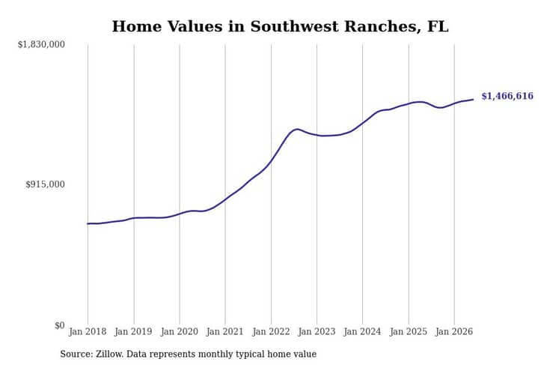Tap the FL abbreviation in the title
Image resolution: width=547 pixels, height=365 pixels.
click(438, 26)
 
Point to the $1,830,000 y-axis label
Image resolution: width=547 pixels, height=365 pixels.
click(41, 44)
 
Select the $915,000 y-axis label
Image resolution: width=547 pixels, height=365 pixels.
click(45, 184)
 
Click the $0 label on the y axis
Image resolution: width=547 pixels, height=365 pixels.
click(60, 325)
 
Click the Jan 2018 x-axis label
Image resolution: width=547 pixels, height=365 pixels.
click(88, 331)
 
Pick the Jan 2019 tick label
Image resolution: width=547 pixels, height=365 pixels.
click(133, 331)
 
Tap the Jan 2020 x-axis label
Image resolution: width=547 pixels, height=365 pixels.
click(180, 331)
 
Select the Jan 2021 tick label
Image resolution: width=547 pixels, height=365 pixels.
click(225, 331)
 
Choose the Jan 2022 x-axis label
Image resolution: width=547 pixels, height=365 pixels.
click(271, 331)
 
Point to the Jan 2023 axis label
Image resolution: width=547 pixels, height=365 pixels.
click(317, 331)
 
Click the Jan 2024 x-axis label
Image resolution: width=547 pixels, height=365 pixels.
click(362, 331)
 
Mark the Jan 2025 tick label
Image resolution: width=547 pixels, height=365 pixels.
click(409, 331)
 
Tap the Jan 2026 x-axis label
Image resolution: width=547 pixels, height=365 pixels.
click(454, 331)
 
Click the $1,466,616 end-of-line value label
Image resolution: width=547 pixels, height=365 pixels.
click(507, 96)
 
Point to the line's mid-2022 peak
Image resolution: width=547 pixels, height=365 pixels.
click(297, 129)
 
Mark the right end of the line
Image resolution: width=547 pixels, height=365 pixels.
click(474, 100)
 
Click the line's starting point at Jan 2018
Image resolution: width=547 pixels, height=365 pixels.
click(88, 223)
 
